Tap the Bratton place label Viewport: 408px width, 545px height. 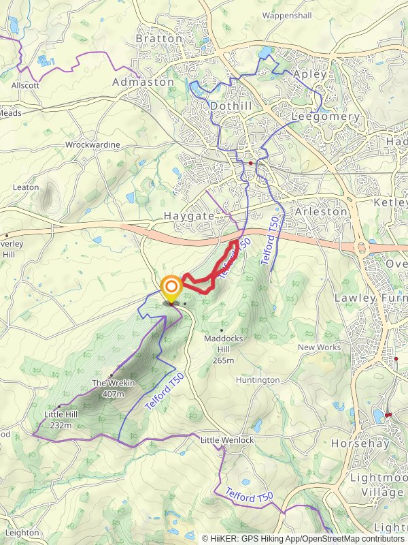pyautogui.click(x=159, y=39)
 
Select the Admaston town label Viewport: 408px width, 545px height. pyautogui.click(x=143, y=82)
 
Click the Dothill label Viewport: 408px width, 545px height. pyautogui.click(x=231, y=106)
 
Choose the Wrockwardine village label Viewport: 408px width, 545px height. pyautogui.click(x=92, y=145)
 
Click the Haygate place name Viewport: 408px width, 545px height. pyautogui.click(x=188, y=215)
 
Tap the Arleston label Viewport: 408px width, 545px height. pyautogui.click(x=322, y=212)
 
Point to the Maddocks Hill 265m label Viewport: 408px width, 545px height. pyautogui.click(x=220, y=349)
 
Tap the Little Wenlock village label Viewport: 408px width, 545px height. pyautogui.click(x=227, y=441)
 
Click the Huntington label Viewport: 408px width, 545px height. pyautogui.click(x=258, y=380)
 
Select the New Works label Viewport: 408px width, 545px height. pyautogui.click(x=320, y=347)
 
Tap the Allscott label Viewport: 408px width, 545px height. pyautogui.click(x=25, y=86)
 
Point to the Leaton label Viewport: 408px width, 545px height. pyautogui.click(x=25, y=187)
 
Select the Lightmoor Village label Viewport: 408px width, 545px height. pyautogui.click(x=378, y=484)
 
